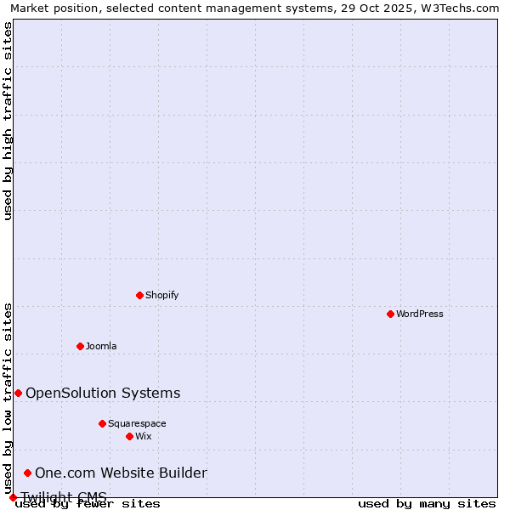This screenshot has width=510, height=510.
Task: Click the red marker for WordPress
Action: tap(390, 314)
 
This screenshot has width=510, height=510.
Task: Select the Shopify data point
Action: tap(139, 295)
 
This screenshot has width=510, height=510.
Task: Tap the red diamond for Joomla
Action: tap(80, 346)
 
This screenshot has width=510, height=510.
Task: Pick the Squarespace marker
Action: tap(102, 423)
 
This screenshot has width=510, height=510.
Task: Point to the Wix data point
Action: tap(129, 436)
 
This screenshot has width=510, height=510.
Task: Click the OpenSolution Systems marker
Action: tap(18, 393)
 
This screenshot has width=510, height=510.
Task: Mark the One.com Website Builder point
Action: tap(27, 473)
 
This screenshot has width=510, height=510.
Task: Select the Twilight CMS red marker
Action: tap(13, 497)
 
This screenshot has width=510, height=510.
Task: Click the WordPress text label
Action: tap(420, 314)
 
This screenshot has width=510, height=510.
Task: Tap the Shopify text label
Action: tap(162, 295)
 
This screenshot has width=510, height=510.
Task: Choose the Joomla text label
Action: tap(101, 346)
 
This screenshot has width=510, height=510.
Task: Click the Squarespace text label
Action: tap(137, 423)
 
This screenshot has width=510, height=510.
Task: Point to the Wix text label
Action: tap(144, 436)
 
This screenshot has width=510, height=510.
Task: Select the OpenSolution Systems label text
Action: tap(103, 393)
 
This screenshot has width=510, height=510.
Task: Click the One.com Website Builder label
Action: tap(121, 473)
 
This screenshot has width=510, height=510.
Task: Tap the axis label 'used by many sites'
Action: tap(427, 503)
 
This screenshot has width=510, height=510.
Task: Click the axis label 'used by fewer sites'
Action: tap(88, 503)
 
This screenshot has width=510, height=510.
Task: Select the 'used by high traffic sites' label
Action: tap(8, 122)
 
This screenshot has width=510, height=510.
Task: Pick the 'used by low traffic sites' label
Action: tap(8, 398)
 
